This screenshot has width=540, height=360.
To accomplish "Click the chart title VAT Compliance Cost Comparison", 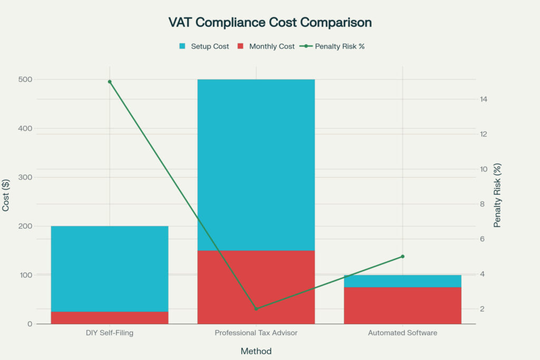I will coord(270,23).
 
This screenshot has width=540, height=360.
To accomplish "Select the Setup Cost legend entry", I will coord(204,46).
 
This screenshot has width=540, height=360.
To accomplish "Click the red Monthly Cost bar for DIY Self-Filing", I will coord(110,318).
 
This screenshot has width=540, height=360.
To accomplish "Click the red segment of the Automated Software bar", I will coord(402,306).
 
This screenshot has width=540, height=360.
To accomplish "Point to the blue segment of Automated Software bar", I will coord(402,281).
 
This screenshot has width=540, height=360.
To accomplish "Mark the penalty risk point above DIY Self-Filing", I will coord(110,82).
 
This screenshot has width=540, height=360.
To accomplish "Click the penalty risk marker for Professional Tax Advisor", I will coord(256,309).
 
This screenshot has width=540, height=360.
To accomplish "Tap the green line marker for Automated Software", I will coord(402,256).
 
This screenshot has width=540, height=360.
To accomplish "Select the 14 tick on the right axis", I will coord(484,99).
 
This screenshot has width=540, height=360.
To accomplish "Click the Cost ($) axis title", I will coord(7,195).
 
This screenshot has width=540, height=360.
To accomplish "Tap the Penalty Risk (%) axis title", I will coord(497,195).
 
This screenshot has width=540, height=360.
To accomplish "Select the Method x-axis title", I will coord(256,351).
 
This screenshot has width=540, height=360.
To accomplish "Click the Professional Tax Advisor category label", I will coord(256,333).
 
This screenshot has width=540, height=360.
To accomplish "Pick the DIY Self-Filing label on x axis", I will coord(110,333).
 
